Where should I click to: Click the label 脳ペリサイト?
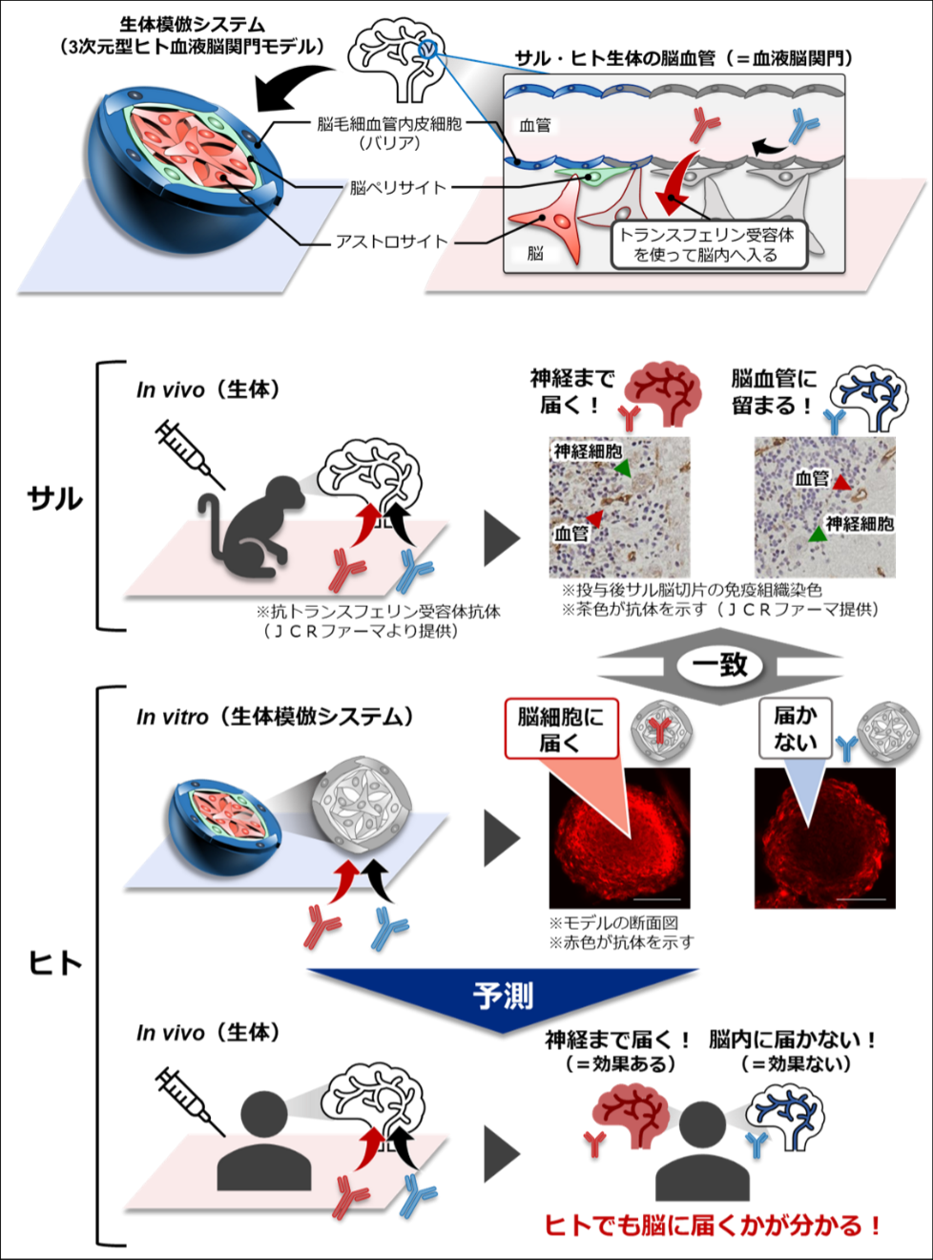click(397, 187)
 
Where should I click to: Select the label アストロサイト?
click(391, 241)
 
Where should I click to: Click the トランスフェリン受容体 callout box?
click(707, 244)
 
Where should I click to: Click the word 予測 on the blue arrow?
click(503, 996)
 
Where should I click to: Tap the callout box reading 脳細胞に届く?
click(561, 728)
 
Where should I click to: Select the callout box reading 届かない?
click(795, 728)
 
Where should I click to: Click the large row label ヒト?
click(55, 962)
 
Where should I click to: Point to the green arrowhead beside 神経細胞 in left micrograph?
click(622, 468)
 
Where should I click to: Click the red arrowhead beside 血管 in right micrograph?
click(840, 483)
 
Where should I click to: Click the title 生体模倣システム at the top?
click(191, 24)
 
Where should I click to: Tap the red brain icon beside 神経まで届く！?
click(666, 391)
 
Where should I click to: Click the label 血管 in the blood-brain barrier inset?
click(534, 125)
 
